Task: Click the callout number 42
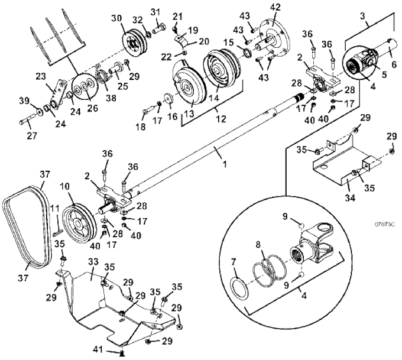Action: [x=274, y=7]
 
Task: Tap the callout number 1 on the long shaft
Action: [x=225, y=164]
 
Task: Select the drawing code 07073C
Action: [x=384, y=225]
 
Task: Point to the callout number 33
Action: [x=93, y=262]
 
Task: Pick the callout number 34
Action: [x=350, y=197]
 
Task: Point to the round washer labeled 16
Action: [x=169, y=99]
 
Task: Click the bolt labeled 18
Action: [x=148, y=111]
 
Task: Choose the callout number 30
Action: [x=117, y=18]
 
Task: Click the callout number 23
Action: [x=41, y=76]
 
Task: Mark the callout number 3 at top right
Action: [x=362, y=16]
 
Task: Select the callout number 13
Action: [x=189, y=113]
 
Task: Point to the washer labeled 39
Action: [x=40, y=112]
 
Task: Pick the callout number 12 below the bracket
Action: [x=221, y=119]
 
